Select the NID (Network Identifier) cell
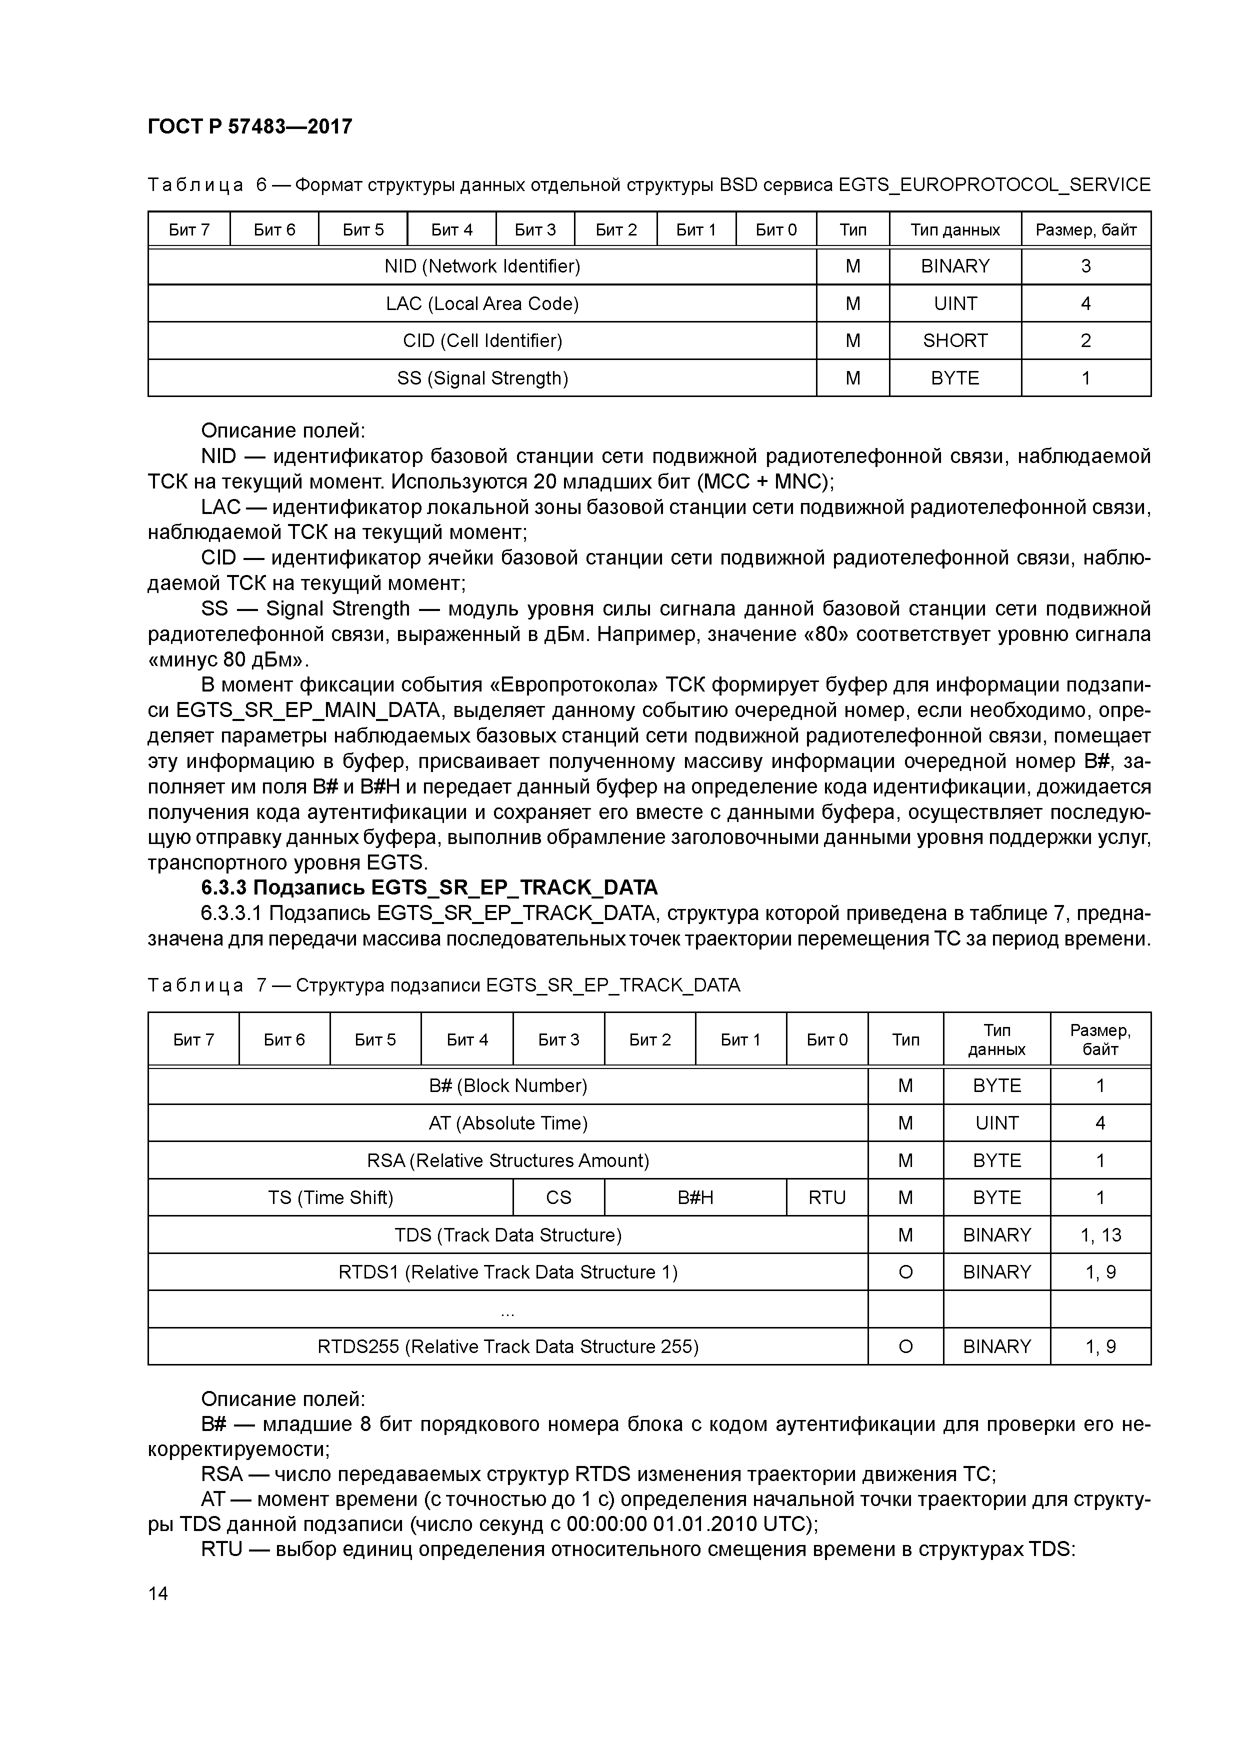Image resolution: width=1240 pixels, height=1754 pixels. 482,266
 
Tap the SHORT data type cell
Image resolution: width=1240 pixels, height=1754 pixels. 954,340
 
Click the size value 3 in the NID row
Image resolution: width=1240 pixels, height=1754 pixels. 1085,266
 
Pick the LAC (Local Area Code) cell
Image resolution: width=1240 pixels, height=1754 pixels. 482,304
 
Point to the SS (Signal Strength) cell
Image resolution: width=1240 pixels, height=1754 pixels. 482,378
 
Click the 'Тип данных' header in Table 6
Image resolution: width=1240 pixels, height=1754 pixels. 954,230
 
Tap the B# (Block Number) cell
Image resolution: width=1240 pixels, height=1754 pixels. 507,1085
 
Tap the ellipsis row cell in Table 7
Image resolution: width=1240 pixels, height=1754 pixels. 507,1309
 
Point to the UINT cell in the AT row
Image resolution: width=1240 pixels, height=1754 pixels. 996,1123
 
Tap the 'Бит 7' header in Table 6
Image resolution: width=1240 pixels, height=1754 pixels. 188,230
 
